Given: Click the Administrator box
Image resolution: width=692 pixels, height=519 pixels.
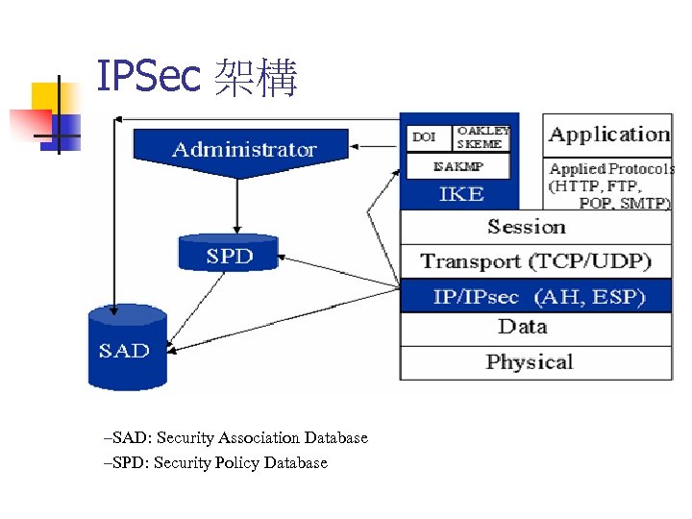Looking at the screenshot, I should pyautogui.click(x=243, y=149).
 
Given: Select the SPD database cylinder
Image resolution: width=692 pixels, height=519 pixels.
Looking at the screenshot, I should pyautogui.click(x=229, y=254).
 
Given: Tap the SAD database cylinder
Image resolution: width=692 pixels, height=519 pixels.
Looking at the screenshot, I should pyautogui.click(x=126, y=348).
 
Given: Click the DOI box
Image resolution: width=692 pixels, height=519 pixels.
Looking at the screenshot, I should pyautogui.click(x=425, y=137).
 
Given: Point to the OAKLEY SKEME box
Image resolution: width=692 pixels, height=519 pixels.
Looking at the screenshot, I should pyautogui.click(x=482, y=137).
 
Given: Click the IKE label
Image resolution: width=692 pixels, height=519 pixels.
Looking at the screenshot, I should pyautogui.click(x=460, y=193).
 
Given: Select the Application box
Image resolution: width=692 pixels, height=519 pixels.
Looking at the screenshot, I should pyautogui.click(x=608, y=135).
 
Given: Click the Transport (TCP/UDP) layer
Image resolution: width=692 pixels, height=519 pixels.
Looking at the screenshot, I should pyautogui.click(x=535, y=260).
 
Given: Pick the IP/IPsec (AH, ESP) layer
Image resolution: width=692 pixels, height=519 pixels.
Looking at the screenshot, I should pyautogui.click(x=535, y=296).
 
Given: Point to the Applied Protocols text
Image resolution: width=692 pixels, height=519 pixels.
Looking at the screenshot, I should pyautogui.click(x=610, y=185).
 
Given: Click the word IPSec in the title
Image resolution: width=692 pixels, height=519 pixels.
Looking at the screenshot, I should pyautogui.click(x=148, y=79).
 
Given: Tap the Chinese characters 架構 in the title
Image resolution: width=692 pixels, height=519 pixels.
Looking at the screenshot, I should pyautogui.click(x=256, y=79).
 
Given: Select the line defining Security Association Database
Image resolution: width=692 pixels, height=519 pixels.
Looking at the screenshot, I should pyautogui.click(x=235, y=438).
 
